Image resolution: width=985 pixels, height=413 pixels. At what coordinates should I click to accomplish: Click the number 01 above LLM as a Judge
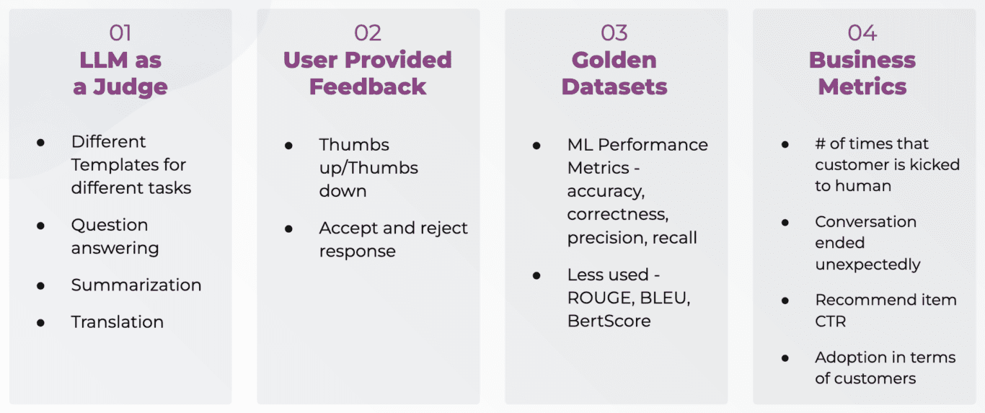120,32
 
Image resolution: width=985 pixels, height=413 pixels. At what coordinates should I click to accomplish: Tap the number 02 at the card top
368,32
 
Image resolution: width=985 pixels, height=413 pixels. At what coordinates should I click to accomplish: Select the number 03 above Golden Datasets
614,32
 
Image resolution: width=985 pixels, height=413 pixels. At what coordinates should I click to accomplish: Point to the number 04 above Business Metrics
862,32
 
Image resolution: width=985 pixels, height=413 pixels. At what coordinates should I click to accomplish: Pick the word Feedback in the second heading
368,87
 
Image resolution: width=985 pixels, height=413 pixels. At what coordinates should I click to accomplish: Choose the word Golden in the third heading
614,60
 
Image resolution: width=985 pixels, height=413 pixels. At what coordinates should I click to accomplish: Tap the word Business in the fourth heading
862,60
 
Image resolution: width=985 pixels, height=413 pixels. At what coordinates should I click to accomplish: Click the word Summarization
136,285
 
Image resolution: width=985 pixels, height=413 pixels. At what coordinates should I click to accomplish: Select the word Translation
118,322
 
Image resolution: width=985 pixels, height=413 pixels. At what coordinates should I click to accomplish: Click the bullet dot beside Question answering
41,226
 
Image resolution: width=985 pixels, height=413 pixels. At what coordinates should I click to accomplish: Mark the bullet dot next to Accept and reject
289,228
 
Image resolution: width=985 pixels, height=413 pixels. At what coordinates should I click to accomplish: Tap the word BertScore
609,321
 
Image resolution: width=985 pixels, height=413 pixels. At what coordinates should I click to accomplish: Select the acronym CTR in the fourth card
831,321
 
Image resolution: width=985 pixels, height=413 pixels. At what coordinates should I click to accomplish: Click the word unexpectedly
868,265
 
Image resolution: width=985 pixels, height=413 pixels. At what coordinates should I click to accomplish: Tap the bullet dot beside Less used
537,275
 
